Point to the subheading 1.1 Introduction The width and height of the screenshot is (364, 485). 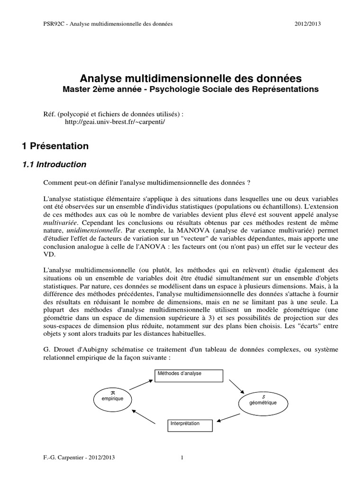point(55,165)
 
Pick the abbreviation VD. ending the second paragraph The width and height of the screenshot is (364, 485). point(49,254)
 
